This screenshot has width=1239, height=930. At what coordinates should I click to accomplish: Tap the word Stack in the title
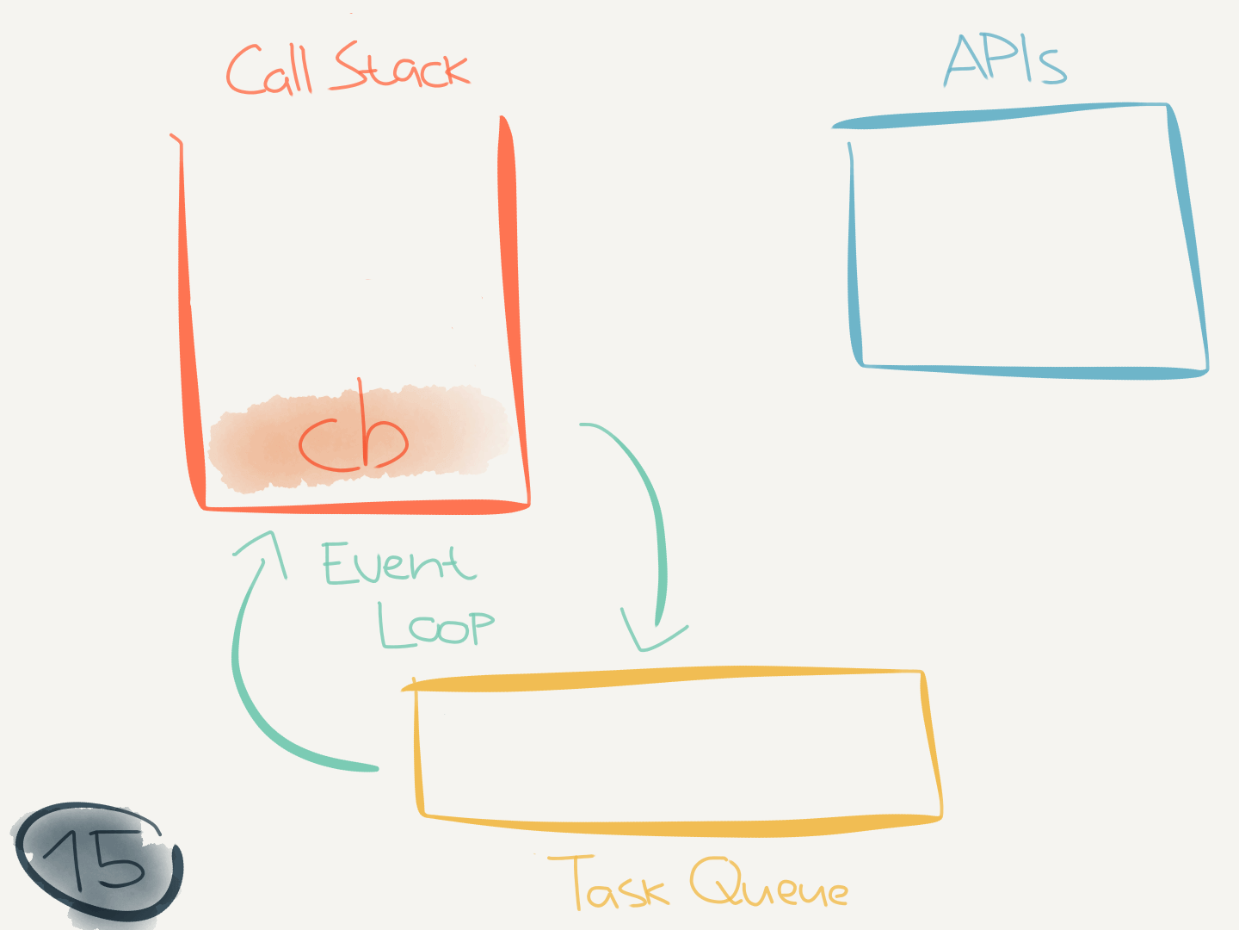click(401, 67)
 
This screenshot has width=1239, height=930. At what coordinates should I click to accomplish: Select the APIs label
click(1005, 60)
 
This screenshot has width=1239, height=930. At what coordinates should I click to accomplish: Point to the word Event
click(398, 564)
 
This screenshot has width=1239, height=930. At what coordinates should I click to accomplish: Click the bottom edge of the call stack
click(366, 506)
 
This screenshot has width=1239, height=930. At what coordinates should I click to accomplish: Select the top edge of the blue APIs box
click(998, 115)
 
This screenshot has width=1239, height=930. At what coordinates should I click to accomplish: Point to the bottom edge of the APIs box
click(1032, 372)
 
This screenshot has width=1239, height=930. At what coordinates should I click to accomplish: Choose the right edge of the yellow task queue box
click(932, 745)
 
